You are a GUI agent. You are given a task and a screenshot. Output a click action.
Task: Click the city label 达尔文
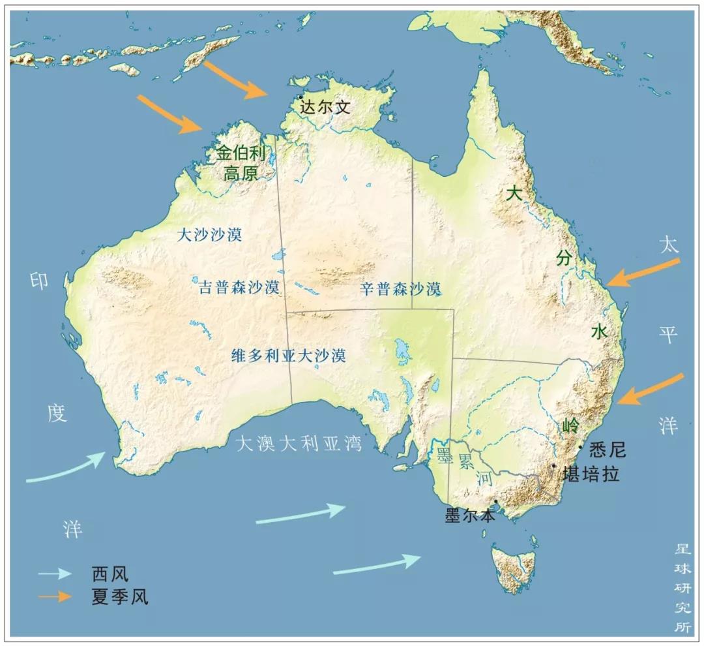[325, 107]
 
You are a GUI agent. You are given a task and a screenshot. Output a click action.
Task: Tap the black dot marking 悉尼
[580, 447]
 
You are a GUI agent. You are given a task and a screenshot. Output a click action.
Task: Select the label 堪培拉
[591, 474]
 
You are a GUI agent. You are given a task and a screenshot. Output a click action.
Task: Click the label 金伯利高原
[242, 163]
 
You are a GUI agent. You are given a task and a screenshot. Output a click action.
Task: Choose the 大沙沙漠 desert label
[210, 235]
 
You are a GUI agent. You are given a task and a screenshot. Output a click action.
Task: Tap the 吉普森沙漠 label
[239, 287]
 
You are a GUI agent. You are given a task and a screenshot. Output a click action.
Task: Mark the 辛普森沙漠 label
[401, 288]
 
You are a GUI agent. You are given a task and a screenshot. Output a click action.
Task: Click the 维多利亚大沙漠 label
[289, 356]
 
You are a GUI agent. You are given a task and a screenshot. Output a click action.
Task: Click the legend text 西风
[110, 574]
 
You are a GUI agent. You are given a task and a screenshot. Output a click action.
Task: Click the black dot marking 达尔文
[301, 97]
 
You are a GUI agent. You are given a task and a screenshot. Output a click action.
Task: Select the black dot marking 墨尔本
[497, 502]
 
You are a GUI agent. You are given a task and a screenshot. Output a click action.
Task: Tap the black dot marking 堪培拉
[553, 466]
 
